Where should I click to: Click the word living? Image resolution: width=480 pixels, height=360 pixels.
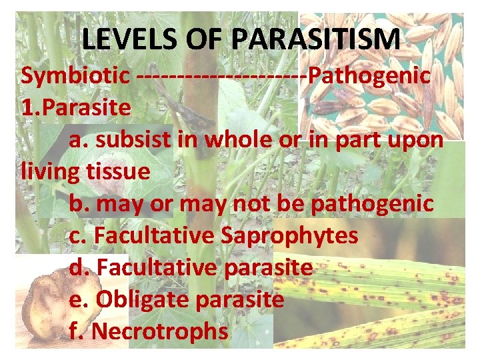click(52, 171)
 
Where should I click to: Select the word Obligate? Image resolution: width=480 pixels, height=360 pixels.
click(143, 299)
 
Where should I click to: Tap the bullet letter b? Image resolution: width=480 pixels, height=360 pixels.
click(77, 203)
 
